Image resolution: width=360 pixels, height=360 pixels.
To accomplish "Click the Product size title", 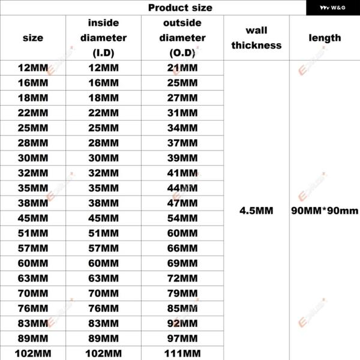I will click(x=180, y=8).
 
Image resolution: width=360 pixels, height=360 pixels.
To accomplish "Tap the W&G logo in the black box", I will click(x=332, y=8).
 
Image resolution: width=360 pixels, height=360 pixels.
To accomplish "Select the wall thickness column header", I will click(x=256, y=38).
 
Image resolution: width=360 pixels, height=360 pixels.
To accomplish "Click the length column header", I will click(x=325, y=38).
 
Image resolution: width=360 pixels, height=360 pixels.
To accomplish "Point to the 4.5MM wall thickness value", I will click(x=256, y=211).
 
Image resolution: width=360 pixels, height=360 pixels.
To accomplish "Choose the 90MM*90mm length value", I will click(x=325, y=211).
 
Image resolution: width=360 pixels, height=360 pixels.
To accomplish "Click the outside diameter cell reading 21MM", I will click(x=182, y=68).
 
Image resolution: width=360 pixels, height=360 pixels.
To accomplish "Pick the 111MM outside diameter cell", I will click(x=182, y=353).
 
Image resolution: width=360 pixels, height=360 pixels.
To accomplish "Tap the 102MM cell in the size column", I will click(x=33, y=353).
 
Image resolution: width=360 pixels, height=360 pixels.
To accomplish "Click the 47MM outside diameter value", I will click(x=182, y=203).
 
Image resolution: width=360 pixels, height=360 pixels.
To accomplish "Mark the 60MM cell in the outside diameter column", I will click(x=182, y=233).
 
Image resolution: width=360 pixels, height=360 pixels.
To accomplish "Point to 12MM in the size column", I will click(x=33, y=68).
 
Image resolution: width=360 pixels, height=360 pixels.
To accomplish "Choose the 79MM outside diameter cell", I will click(x=182, y=293).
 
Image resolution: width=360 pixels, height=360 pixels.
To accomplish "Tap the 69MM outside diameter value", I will click(x=182, y=263).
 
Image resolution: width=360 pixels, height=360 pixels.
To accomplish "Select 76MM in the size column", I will click(x=33, y=308).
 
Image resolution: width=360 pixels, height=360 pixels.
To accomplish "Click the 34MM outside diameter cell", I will click(x=182, y=128).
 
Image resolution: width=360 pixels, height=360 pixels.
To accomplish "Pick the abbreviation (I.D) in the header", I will click(x=104, y=53).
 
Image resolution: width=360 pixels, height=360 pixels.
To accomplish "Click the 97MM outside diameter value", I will click(x=182, y=338).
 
